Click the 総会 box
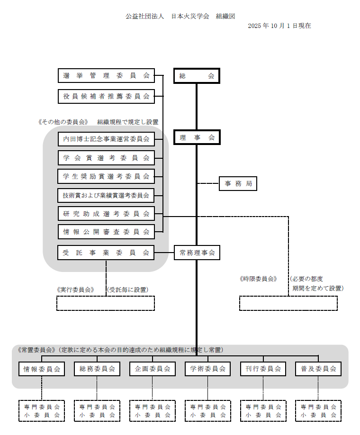197,76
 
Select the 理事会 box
197,137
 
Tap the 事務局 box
238,183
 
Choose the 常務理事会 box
197,253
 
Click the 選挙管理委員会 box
106,75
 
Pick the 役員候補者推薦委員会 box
106,96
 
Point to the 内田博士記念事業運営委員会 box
106,139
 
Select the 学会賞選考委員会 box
106,158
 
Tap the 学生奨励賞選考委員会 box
106,176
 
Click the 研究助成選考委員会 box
106,214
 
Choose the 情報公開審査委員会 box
106,232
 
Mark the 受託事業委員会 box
106,253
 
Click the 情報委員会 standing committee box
42,369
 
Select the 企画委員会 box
153,369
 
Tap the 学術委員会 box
207,369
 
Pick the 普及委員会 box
318,369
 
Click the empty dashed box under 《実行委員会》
106,303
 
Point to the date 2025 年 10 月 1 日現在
279,26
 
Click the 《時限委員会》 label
258,279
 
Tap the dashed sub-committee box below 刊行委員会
263,411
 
